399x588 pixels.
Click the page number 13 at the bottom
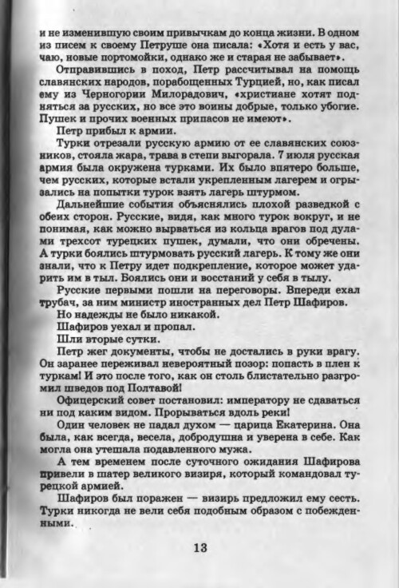coord(199,547)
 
